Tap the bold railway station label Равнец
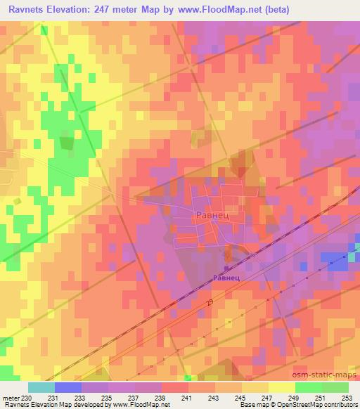click(x=227, y=278)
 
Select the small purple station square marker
click(x=226, y=268)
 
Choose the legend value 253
click(x=347, y=398)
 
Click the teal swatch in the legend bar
click(x=41, y=387)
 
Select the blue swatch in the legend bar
click(x=68, y=387)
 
